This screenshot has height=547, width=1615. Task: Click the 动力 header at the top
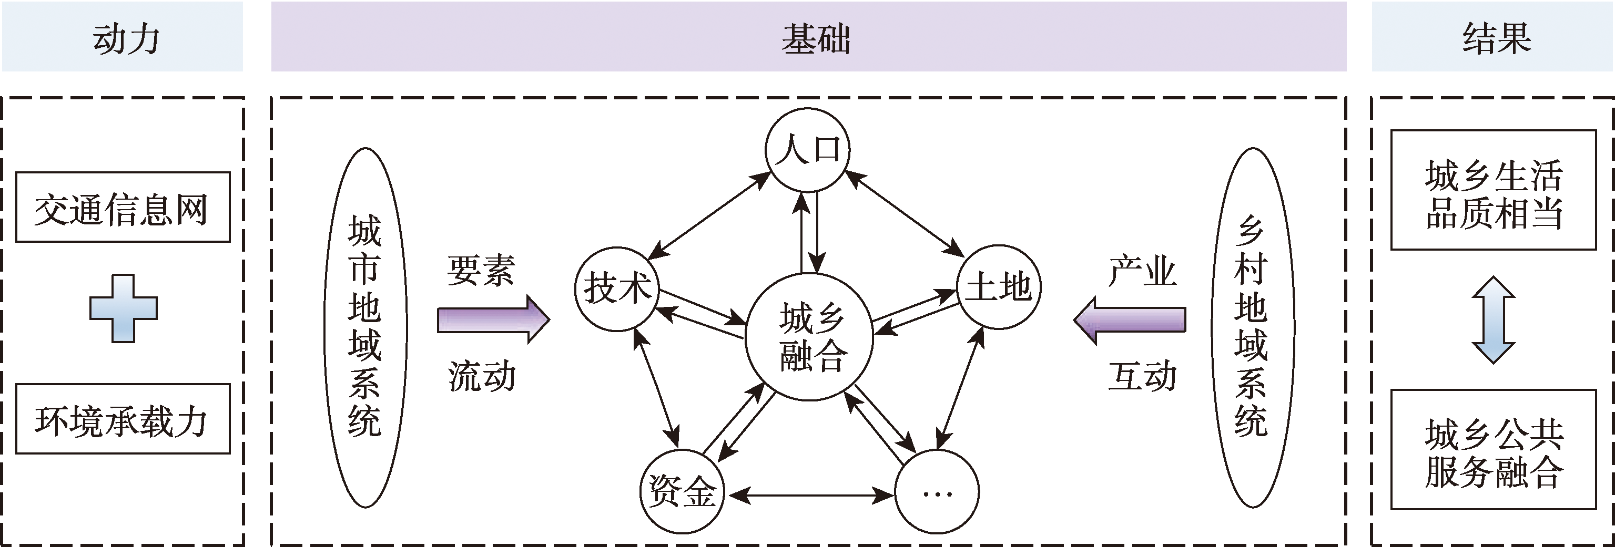tap(125, 39)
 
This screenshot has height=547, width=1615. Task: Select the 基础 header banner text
tap(815, 39)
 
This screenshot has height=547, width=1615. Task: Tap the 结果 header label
tap(1496, 39)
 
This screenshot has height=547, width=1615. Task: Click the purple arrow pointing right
tap(493, 319)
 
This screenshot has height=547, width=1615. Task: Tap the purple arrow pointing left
tap(1130, 319)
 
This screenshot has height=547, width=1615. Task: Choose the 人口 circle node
tap(808, 150)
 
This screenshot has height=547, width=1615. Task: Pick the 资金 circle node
tap(682, 491)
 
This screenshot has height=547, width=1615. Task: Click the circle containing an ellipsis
tap(937, 492)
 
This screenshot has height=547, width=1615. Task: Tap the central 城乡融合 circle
tap(809, 337)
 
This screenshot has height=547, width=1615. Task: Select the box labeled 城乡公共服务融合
tap(1494, 450)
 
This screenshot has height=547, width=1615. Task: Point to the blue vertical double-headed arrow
tap(1494, 320)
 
